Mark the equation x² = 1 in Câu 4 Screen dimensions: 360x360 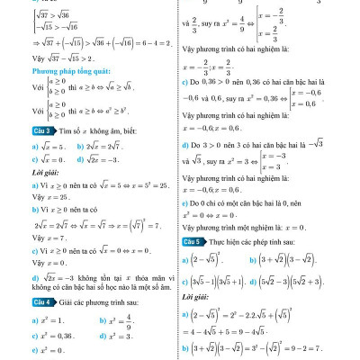point(37,319)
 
